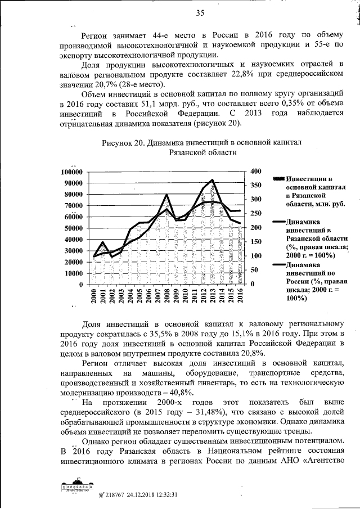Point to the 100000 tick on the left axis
(71, 172)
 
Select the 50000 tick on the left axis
(73, 228)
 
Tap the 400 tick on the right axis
(256, 171)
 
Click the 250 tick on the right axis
(256, 213)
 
